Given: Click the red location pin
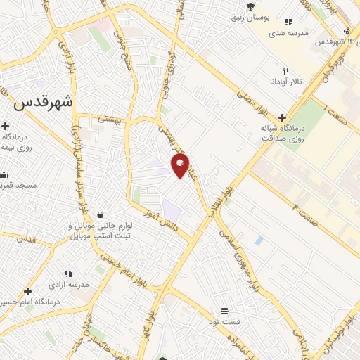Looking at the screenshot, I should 181,166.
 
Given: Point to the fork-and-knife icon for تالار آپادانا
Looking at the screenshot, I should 285,71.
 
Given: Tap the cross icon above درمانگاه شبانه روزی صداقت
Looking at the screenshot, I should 282,117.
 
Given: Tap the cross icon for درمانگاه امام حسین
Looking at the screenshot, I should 27,291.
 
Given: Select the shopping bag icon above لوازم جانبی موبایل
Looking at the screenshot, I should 101,214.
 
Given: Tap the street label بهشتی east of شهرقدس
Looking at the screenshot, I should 110,120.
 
